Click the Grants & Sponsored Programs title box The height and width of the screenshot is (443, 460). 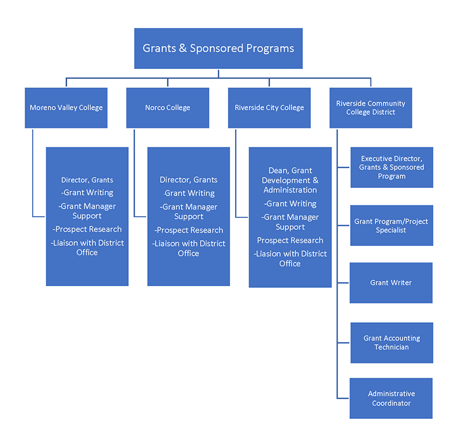(x=218, y=48)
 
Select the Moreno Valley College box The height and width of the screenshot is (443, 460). (x=66, y=107)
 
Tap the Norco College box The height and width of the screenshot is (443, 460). (x=167, y=107)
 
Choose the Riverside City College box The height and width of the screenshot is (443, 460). (x=269, y=107)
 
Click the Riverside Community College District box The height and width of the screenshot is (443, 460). (x=370, y=107)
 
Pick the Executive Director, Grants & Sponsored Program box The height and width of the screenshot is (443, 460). (x=392, y=167)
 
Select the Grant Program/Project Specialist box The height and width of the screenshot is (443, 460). (x=391, y=225)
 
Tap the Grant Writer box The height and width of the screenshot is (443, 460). (x=391, y=283)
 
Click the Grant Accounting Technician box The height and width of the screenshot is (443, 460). (x=392, y=342)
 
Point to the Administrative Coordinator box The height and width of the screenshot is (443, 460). (x=391, y=398)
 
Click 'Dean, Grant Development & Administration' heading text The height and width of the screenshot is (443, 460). (x=290, y=180)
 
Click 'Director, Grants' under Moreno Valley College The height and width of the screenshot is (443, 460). (x=87, y=180)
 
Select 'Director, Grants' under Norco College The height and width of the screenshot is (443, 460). (x=189, y=180)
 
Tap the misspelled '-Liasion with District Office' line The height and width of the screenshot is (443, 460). (x=290, y=259)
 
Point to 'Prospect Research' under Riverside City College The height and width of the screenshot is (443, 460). (x=290, y=240)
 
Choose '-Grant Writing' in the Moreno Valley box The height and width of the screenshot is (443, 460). (x=87, y=192)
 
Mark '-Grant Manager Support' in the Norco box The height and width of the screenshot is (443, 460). (x=189, y=211)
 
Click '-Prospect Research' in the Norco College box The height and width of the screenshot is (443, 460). (x=189, y=230)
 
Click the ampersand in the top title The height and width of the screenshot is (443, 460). (x=183, y=48)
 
